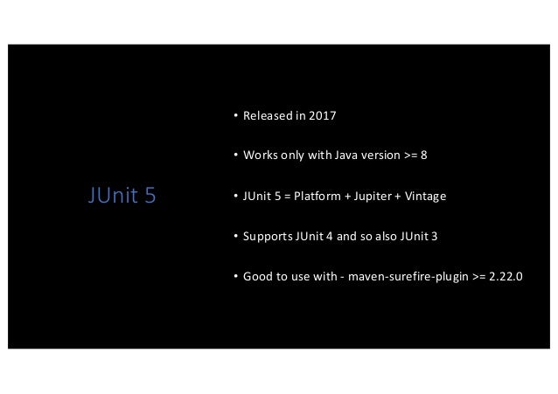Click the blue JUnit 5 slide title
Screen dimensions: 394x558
pos(122,196)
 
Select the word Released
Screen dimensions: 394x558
pos(266,116)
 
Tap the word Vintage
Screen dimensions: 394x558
pos(428,197)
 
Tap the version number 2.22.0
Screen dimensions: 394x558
pos(496,277)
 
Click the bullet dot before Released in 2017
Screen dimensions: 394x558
pos(235,116)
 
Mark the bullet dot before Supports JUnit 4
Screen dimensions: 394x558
pos(235,237)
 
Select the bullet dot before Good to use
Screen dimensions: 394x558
pos(235,277)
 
